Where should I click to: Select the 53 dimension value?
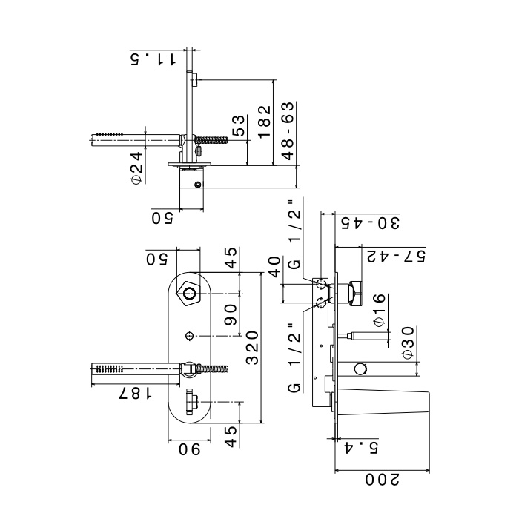click(x=239, y=125)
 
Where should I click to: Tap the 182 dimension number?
click(x=264, y=121)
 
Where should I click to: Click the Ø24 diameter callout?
click(x=136, y=169)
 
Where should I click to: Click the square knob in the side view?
click(x=354, y=292)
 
